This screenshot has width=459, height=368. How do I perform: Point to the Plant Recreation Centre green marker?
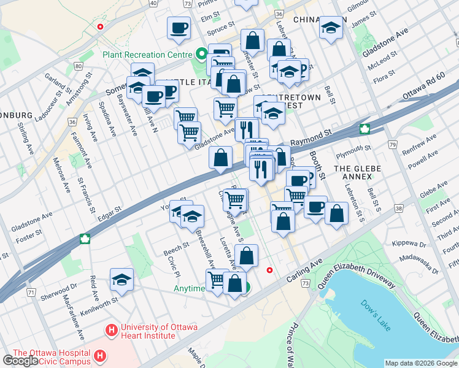pos(199,54)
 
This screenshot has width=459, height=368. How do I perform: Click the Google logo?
pos(20,361)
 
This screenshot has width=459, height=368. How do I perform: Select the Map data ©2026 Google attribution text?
pos(420,363)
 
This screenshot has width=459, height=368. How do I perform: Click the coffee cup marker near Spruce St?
pos(179,28)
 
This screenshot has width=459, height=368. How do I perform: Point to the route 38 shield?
pos(399,209)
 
